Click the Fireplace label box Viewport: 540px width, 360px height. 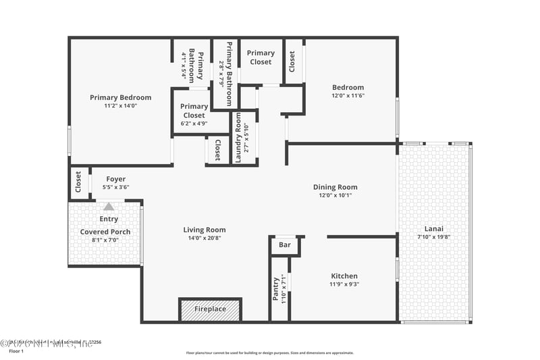coord(211,309)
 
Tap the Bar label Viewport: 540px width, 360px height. coord(285,245)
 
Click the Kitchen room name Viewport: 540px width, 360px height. coord(344,276)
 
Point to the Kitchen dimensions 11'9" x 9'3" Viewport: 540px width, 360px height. coord(344,284)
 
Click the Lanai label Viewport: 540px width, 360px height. coord(433,228)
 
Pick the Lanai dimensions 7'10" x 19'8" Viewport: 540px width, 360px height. coord(433,237)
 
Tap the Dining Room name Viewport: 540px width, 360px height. coord(335,187)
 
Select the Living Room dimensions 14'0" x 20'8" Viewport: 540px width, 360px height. coord(205,238)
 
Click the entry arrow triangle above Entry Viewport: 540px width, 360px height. coord(109,207)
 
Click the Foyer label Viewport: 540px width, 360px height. coord(115,179)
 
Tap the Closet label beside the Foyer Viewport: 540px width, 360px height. coord(78,182)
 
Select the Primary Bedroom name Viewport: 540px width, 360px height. coord(121,97)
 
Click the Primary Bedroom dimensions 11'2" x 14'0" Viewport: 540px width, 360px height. coord(121,106)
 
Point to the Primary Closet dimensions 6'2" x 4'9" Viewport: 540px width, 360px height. coord(194,124)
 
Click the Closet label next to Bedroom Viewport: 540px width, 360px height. coord(292,62)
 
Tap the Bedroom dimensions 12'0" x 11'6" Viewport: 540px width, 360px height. coord(348,96)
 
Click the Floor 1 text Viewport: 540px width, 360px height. coord(16,351)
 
